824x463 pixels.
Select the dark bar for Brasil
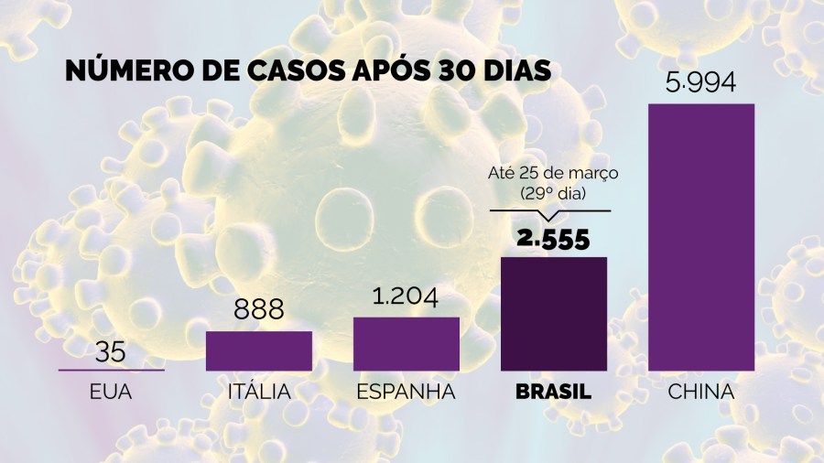(553, 314)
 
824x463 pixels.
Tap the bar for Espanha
(406, 344)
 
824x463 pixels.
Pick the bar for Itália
(259, 350)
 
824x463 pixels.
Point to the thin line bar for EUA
(112, 370)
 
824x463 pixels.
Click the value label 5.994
(701, 84)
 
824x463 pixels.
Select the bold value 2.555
(553, 239)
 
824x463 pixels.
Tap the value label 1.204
(406, 299)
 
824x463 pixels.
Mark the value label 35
(112, 351)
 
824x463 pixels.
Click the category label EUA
(112, 393)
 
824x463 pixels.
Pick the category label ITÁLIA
(259, 393)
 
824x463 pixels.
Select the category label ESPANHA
(406, 393)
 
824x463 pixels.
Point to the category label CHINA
(701, 393)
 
